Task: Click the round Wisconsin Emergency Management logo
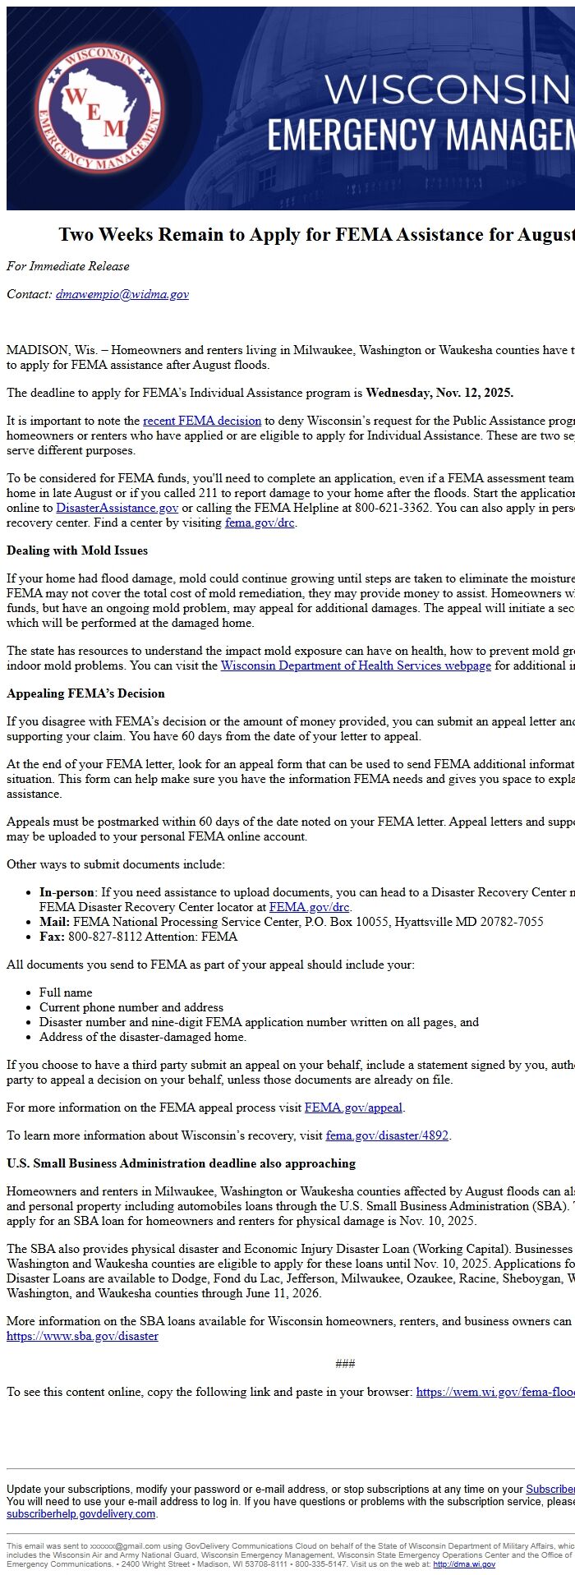tap(99, 108)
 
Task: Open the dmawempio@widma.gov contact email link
tap(122, 294)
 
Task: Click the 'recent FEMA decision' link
tap(202, 421)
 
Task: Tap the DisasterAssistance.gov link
tap(117, 508)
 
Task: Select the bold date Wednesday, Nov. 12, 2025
tap(439, 393)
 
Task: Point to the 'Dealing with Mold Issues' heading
tap(77, 550)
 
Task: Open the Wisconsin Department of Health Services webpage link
tap(356, 665)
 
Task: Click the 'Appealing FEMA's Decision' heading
tap(85, 693)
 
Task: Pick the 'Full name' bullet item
tap(66, 992)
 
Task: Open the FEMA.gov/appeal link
tap(353, 1108)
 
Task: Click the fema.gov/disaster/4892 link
tap(387, 1135)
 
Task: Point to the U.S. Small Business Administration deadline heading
tap(181, 1163)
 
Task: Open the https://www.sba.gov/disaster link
tap(82, 1336)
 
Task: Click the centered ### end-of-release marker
tap(345, 1364)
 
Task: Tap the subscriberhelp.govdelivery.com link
tap(80, 1513)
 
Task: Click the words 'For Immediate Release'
tap(67, 266)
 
